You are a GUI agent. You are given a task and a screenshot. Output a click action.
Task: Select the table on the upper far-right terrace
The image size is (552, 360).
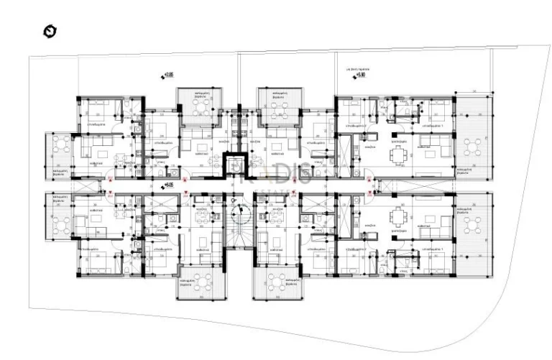click(x=474, y=147)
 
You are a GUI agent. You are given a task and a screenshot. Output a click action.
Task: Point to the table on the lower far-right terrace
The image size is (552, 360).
click(x=474, y=224)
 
